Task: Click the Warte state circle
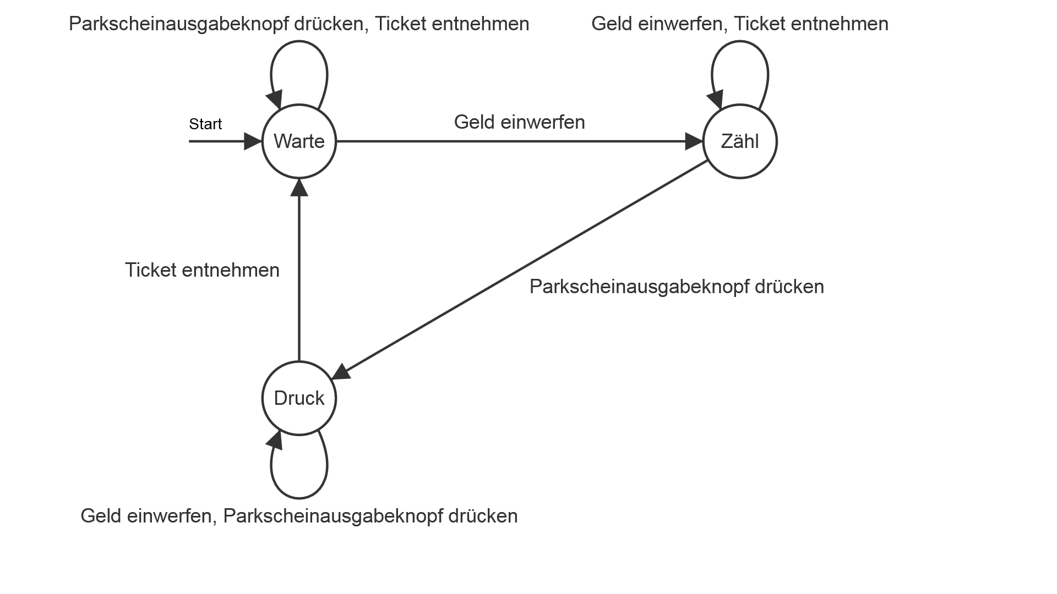click(299, 141)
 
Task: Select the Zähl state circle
click(740, 141)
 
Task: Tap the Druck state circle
click(299, 398)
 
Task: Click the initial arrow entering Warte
click(220, 141)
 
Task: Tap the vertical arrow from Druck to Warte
click(299, 275)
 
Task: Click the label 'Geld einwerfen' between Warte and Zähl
click(519, 122)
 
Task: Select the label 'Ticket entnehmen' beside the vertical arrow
click(202, 270)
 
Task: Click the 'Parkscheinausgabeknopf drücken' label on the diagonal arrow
click(677, 287)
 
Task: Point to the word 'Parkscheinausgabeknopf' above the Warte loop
click(183, 24)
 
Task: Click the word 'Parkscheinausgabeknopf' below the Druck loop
click(333, 516)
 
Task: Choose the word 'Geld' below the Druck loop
click(100, 516)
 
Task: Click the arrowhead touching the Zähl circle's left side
click(695, 141)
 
